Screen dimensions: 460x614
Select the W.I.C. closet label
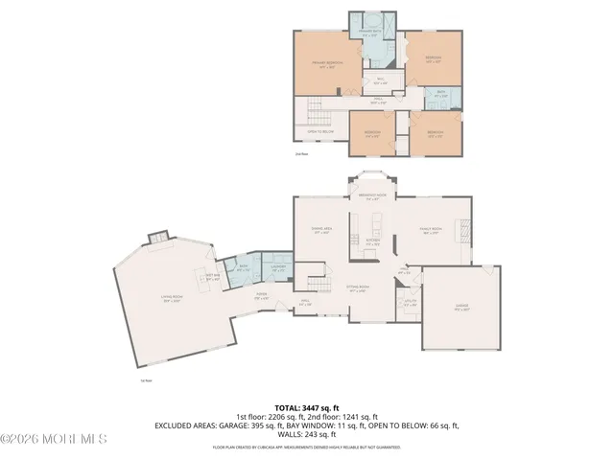click(380, 80)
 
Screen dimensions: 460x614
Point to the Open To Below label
click(319, 131)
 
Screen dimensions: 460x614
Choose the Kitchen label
click(374, 243)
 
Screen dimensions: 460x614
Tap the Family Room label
click(430, 230)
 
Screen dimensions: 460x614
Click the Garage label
click(461, 307)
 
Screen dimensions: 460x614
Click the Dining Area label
click(321, 230)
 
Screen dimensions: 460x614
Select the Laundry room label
click(276, 270)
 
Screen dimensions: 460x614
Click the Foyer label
click(260, 298)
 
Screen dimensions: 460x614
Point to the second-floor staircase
click(317, 115)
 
